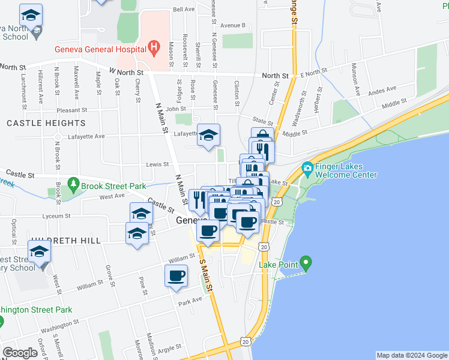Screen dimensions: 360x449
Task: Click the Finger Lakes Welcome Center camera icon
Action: point(308,167)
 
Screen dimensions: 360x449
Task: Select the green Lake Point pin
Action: point(306,262)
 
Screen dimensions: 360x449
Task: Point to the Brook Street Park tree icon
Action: point(73,182)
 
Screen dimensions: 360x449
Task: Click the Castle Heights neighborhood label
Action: point(46,123)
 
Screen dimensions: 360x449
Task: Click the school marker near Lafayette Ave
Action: point(209,135)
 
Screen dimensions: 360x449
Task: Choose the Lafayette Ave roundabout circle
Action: point(58,137)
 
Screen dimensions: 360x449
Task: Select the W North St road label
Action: point(126,72)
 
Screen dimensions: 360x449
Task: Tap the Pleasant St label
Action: point(72,110)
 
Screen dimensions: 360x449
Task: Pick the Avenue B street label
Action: point(233,26)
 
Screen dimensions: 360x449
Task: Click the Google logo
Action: point(20,353)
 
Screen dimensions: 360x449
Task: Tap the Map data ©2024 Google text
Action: point(411,355)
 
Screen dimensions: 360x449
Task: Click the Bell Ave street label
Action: point(184,10)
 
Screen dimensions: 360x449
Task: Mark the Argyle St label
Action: point(169,348)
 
